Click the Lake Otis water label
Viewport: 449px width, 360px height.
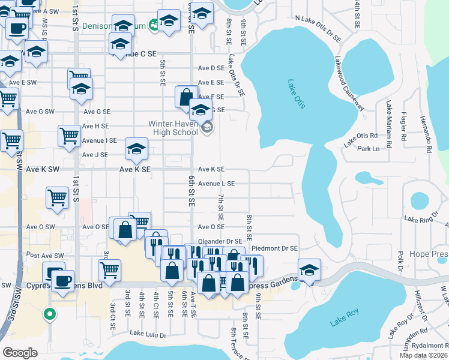pos(297,94)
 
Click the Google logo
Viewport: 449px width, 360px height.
pos(20,352)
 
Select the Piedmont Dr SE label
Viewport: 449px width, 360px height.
pos(274,248)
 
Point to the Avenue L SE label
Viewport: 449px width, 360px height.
pos(216,184)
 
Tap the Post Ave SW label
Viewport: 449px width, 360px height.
pos(46,256)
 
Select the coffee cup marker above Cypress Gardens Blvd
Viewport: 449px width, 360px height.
pos(62,281)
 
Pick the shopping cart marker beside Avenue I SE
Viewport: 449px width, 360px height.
pos(70,136)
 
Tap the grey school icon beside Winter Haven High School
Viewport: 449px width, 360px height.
pos(207,128)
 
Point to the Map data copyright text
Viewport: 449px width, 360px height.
pos(424,355)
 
